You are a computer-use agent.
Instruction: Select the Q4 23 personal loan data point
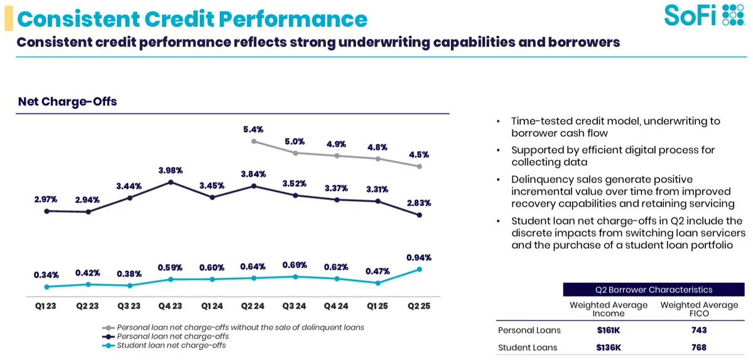tap(171, 182)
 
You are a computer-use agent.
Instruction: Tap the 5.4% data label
tap(254, 129)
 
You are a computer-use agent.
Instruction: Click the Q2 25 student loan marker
tap(420, 269)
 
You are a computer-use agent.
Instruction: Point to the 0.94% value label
tap(420, 258)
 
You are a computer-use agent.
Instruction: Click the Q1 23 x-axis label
tap(46, 305)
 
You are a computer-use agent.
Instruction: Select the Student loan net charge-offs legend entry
tap(171, 345)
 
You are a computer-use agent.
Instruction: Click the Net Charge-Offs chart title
tap(67, 101)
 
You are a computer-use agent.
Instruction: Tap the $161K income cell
tap(608, 330)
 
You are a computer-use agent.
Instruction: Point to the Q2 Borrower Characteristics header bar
tap(654, 290)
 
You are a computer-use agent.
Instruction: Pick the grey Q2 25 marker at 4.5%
tap(420, 166)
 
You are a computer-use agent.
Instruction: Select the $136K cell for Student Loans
tap(608, 347)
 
